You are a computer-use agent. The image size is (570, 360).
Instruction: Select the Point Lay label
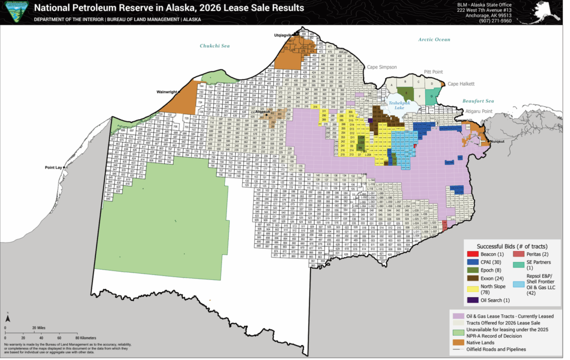tap(54, 167)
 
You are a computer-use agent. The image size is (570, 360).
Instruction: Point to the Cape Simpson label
tap(381, 67)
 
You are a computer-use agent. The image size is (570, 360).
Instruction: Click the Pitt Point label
tap(435, 72)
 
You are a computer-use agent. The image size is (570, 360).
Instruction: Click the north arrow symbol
tap(8, 319)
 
